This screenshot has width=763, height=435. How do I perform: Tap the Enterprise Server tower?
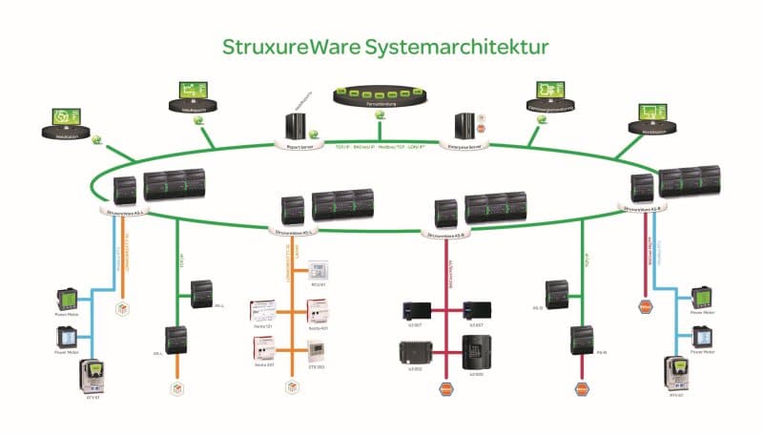pyautogui.click(x=465, y=128)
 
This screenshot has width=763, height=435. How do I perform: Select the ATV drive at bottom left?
pyautogui.click(x=93, y=373)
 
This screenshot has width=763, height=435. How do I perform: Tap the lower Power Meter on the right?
pyautogui.click(x=701, y=336)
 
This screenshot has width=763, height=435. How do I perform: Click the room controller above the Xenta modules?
pyautogui.click(x=318, y=270)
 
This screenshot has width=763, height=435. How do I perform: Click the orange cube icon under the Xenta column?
pyautogui.click(x=291, y=388)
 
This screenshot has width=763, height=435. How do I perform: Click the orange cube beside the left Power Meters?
pyautogui.click(x=121, y=308)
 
